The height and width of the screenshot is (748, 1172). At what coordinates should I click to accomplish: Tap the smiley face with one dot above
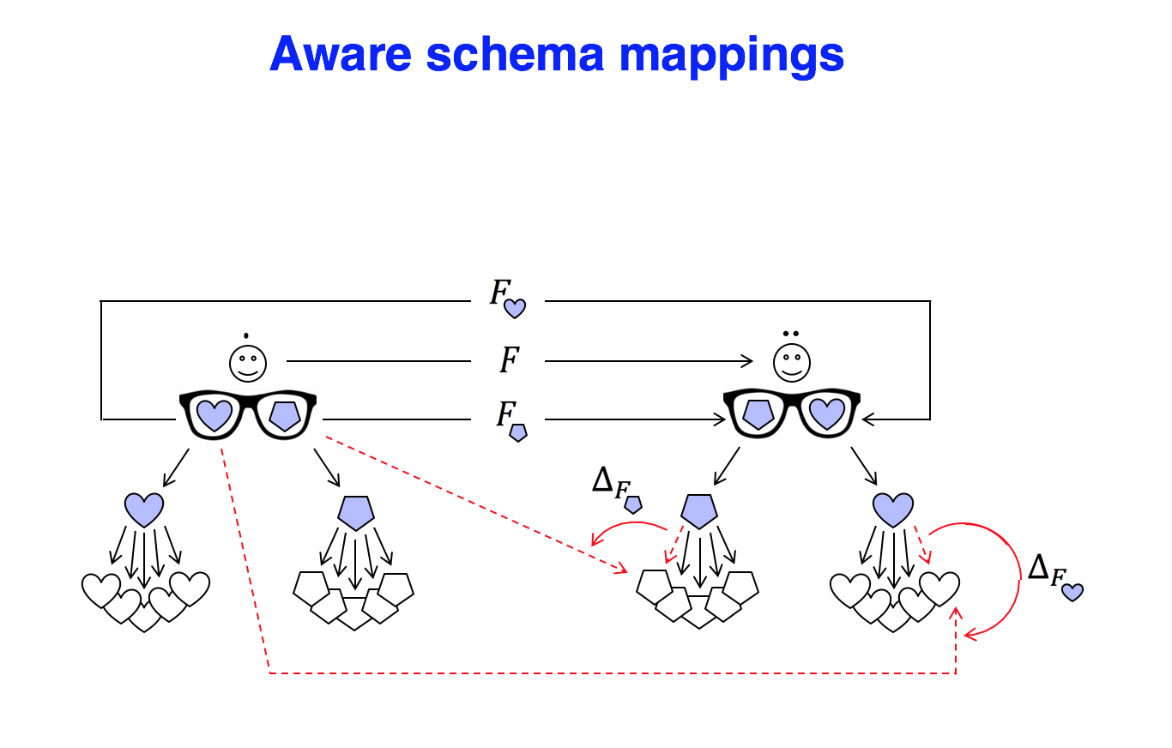click(247, 363)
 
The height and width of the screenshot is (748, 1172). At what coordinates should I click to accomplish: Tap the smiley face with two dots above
click(790, 363)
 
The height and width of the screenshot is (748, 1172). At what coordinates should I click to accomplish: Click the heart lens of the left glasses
click(214, 415)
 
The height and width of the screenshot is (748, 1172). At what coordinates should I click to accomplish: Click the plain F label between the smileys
click(509, 361)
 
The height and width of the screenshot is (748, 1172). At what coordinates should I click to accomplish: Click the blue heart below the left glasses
click(144, 510)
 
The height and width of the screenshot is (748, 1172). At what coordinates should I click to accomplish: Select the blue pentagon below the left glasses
click(355, 512)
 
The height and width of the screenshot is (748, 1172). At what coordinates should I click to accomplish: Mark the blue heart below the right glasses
click(893, 510)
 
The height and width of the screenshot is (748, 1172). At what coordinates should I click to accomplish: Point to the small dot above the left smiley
click(247, 334)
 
